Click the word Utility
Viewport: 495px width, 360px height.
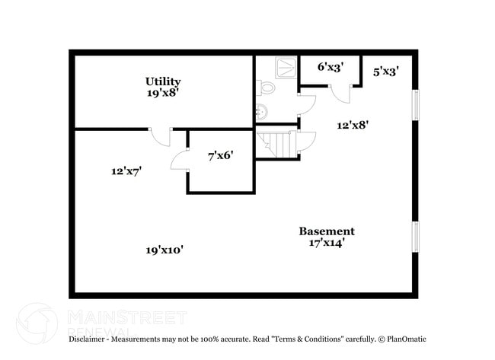163,81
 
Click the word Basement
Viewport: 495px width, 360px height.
326,231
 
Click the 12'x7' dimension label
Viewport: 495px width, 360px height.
126,172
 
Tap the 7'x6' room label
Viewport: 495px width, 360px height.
220,155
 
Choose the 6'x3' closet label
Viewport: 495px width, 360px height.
330,67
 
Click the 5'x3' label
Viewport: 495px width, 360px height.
386,72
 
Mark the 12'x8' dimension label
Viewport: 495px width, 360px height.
353,126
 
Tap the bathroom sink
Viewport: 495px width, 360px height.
262,112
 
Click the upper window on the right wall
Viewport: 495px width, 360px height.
415,105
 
